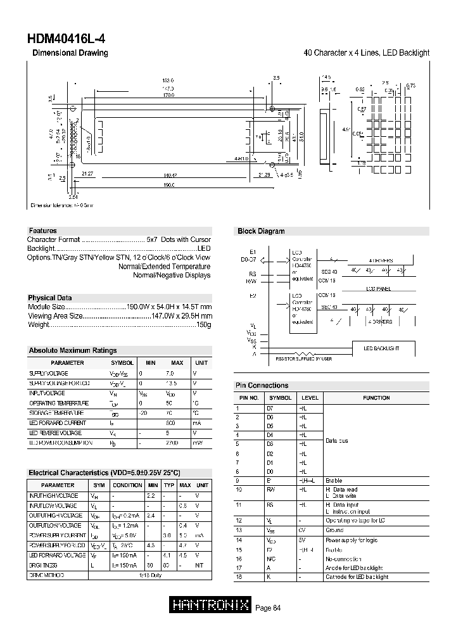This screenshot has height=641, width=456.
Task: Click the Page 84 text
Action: click(x=268, y=608)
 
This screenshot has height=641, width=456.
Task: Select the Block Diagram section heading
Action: click(x=261, y=231)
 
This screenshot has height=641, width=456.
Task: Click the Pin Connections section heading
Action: click(x=262, y=385)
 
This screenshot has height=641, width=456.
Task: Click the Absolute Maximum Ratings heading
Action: click(x=73, y=350)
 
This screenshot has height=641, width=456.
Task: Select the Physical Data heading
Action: click(x=50, y=298)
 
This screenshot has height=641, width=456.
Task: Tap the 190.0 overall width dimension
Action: click(x=168, y=185)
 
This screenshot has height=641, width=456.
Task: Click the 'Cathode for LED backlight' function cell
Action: click(x=357, y=577)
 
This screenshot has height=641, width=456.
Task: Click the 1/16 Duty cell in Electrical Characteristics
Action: click(x=150, y=575)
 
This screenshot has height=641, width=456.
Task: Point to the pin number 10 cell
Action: click(x=239, y=490)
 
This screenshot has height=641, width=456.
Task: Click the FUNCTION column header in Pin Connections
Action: click(x=376, y=398)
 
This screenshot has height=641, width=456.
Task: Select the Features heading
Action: click(x=43, y=231)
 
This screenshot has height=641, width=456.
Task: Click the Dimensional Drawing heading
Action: click(x=70, y=53)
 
